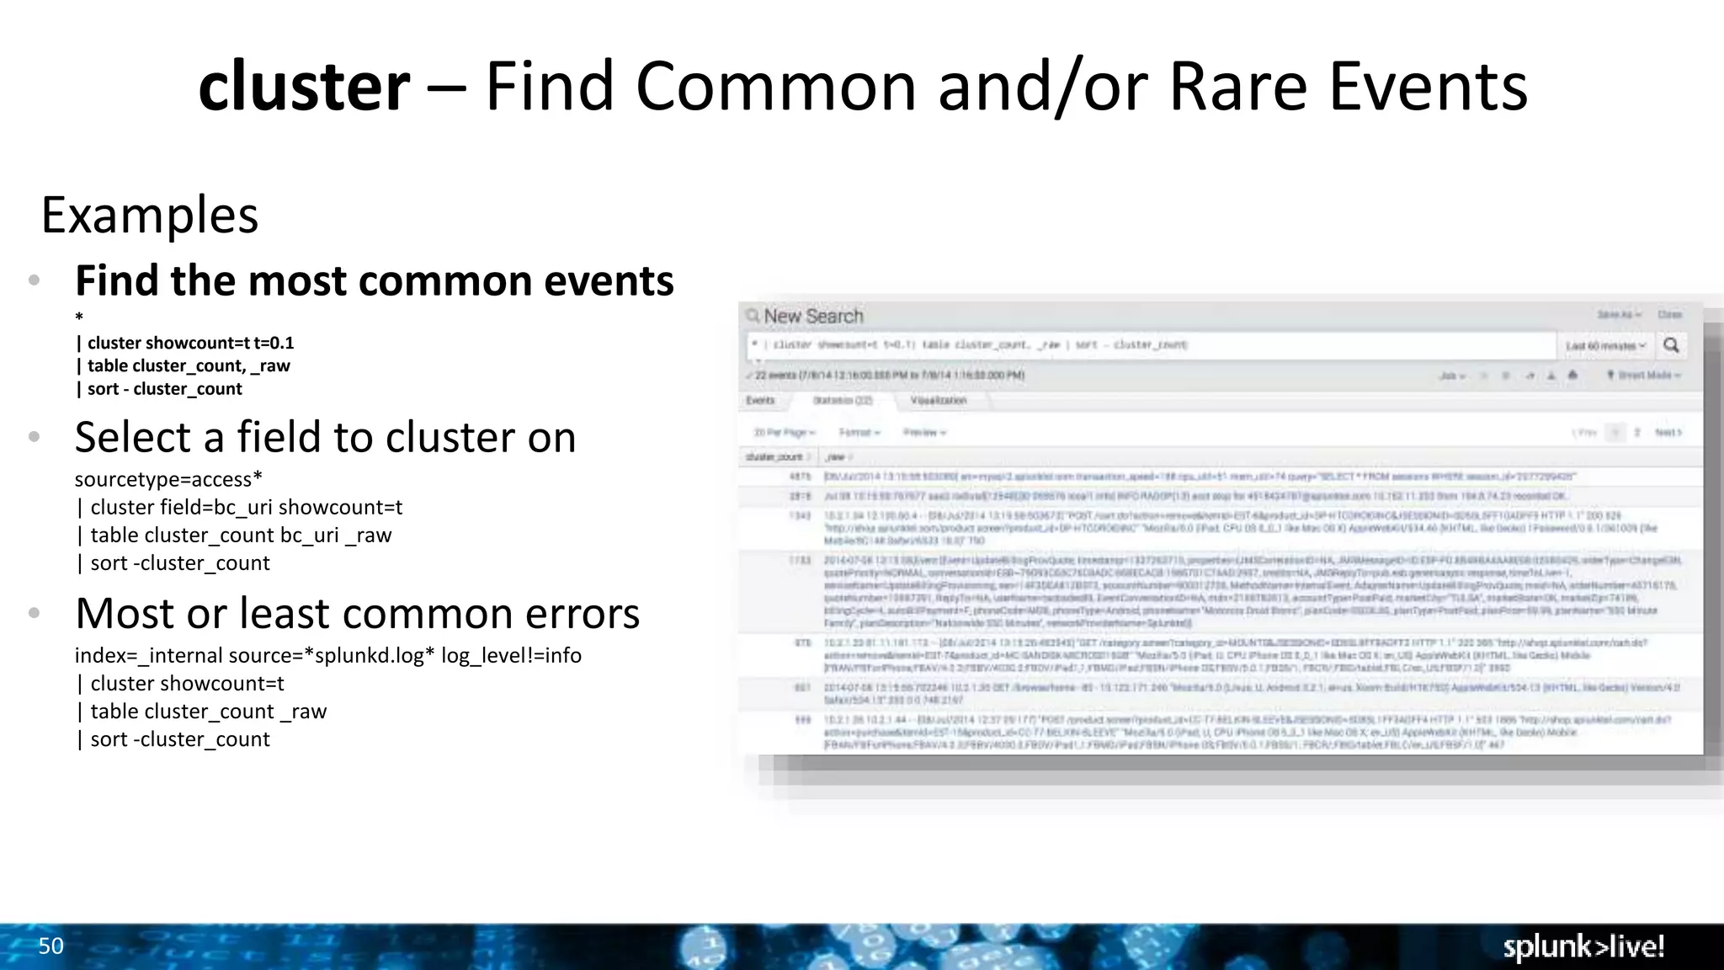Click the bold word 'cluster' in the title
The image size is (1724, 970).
(304, 87)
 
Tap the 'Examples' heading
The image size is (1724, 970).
(150, 215)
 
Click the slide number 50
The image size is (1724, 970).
(51, 946)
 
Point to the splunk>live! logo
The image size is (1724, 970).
(1583, 946)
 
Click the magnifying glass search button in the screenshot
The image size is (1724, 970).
(1671, 345)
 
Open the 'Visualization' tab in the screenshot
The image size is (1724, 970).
(938, 401)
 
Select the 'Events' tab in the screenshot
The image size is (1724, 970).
(760, 401)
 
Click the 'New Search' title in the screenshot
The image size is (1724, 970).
(813, 317)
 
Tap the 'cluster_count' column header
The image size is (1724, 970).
(774, 457)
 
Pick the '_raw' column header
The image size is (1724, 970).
(836, 457)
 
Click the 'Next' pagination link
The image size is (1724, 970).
(1668, 433)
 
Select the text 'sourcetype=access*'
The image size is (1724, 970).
(168, 479)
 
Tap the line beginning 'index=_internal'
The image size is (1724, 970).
(327, 655)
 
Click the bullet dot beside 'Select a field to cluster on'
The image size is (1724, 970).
(35, 437)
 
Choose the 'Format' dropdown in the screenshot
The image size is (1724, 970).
(859, 433)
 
